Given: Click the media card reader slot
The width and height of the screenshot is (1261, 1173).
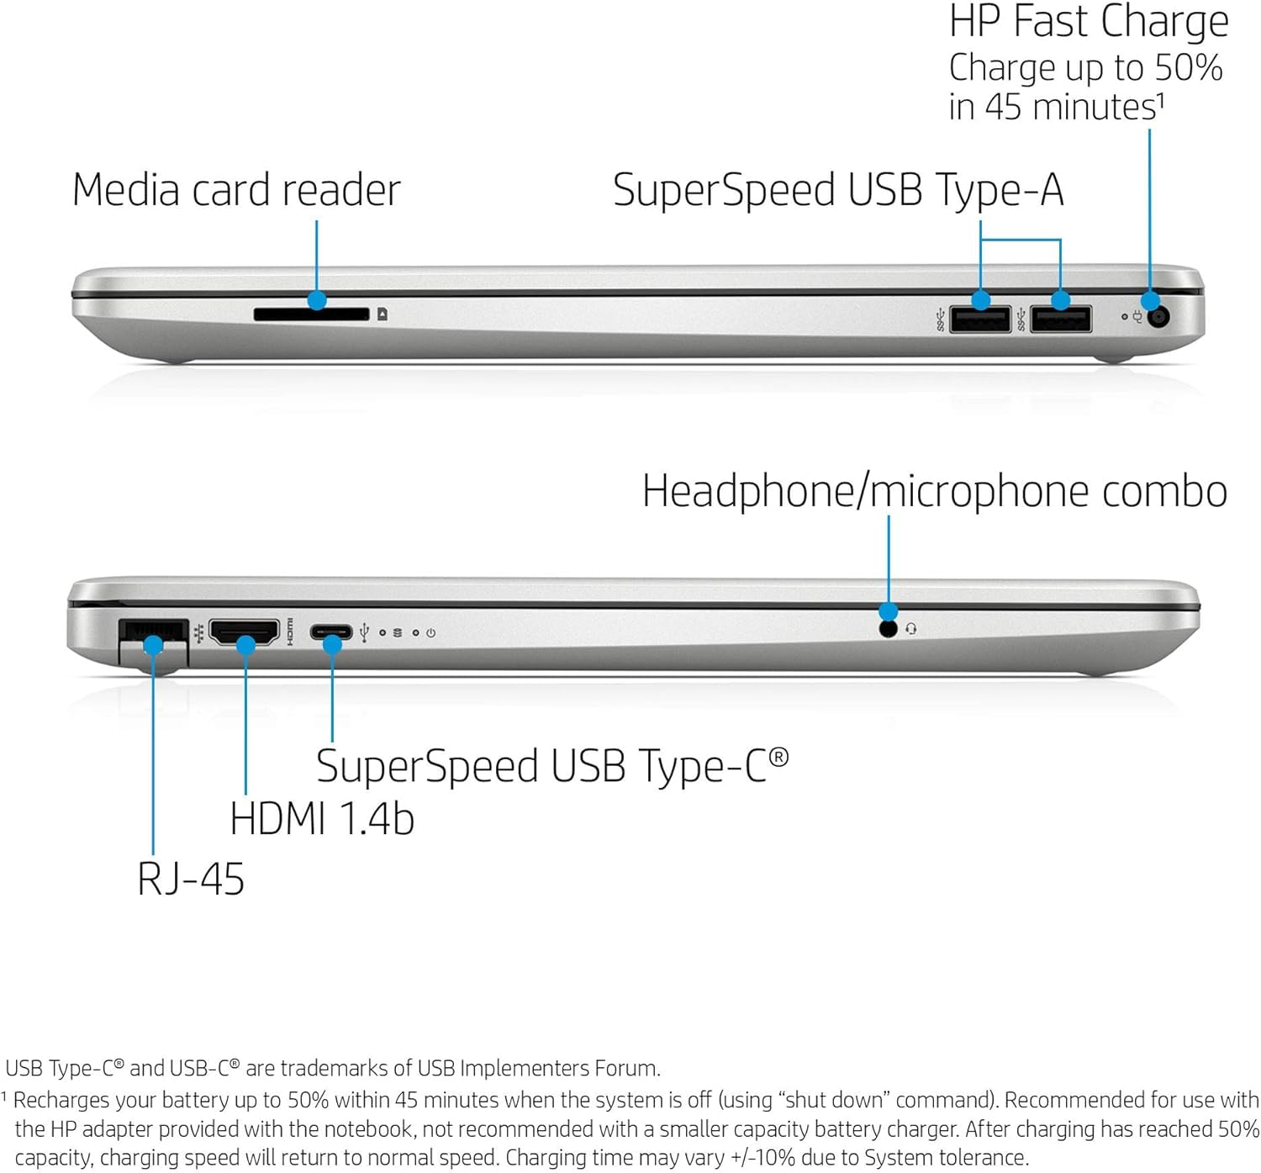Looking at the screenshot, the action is click(x=311, y=314).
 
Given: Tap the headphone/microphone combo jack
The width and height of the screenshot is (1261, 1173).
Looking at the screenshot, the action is click(x=889, y=629).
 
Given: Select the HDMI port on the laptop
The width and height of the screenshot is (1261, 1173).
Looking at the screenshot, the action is click(x=245, y=632).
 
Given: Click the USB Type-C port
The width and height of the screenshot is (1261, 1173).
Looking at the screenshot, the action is click(x=331, y=632).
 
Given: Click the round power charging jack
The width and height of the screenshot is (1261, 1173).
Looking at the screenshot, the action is click(x=1158, y=316).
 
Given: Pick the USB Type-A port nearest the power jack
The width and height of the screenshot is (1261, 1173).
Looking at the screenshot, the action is click(x=1061, y=319).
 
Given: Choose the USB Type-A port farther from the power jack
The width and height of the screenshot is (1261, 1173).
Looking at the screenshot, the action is click(x=980, y=319).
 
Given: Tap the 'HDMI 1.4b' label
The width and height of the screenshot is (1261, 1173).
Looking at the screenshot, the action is click(x=322, y=819).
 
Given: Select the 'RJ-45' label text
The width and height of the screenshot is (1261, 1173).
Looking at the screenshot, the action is click(x=191, y=879).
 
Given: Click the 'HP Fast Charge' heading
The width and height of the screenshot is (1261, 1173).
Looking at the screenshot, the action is click(x=1089, y=22).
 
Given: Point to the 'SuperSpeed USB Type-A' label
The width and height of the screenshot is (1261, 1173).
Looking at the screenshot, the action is click(x=838, y=191).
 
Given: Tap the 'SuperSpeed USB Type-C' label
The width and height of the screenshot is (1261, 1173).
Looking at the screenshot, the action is click(x=552, y=766).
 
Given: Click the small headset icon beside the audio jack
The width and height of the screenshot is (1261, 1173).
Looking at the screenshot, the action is click(x=911, y=629).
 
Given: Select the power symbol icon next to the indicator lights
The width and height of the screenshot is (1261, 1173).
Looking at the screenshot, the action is click(x=431, y=632).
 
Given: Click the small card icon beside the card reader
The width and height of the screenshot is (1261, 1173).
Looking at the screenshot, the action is click(x=383, y=314).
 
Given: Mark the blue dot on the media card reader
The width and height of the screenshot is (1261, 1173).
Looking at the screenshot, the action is click(x=316, y=299).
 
